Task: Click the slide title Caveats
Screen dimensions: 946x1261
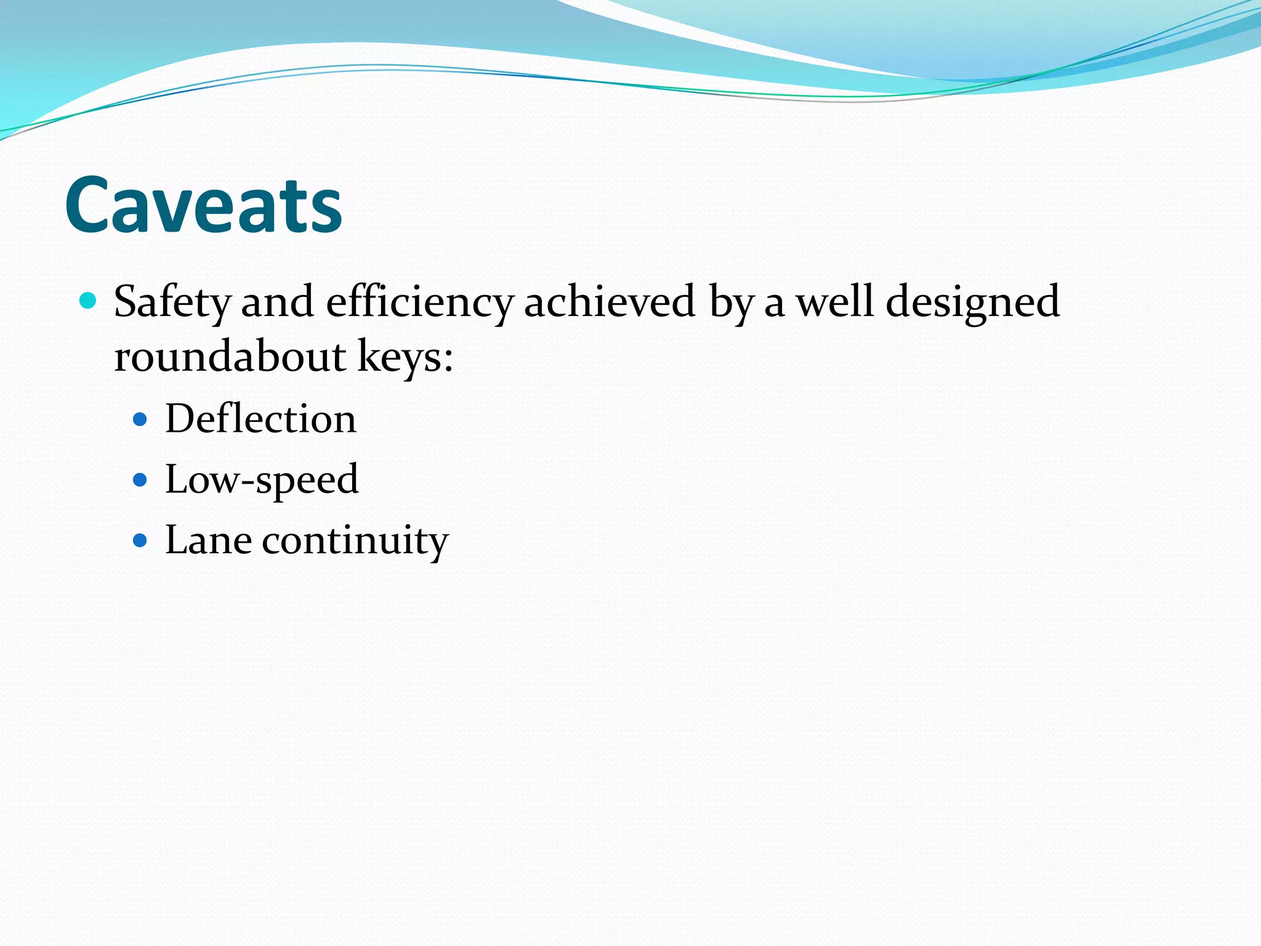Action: coord(203,205)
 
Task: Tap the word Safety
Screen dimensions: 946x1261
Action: coord(172,302)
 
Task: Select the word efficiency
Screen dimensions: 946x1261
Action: coord(419,302)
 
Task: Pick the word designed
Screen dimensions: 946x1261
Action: coord(973,302)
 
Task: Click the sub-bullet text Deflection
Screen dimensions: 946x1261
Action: coord(260,419)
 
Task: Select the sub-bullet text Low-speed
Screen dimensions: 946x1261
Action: coord(262,480)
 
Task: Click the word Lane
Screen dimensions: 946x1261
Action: coord(208,540)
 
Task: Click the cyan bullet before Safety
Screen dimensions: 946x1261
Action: coord(89,301)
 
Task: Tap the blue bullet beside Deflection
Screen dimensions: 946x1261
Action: coord(140,420)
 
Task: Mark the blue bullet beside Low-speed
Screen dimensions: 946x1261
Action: coord(140,480)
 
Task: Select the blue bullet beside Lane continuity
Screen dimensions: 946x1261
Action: coord(140,541)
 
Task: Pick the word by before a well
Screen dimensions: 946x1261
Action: coord(731,302)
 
